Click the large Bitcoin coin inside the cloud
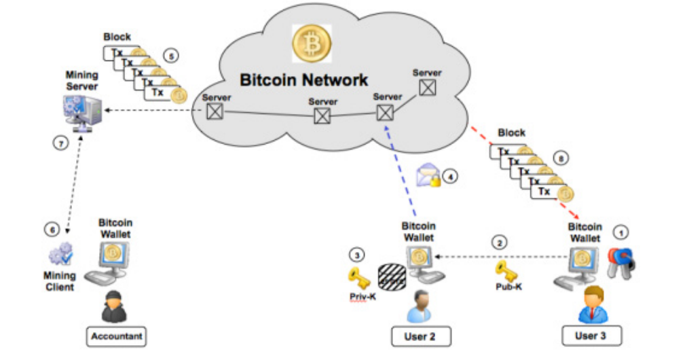(311, 43)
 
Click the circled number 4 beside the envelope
(449, 177)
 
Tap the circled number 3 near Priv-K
(358, 255)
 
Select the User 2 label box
(420, 336)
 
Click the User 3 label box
(591, 336)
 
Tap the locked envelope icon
(428, 175)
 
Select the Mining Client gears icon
(60, 253)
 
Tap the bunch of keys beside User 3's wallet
(621, 260)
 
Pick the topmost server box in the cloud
(427, 87)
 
